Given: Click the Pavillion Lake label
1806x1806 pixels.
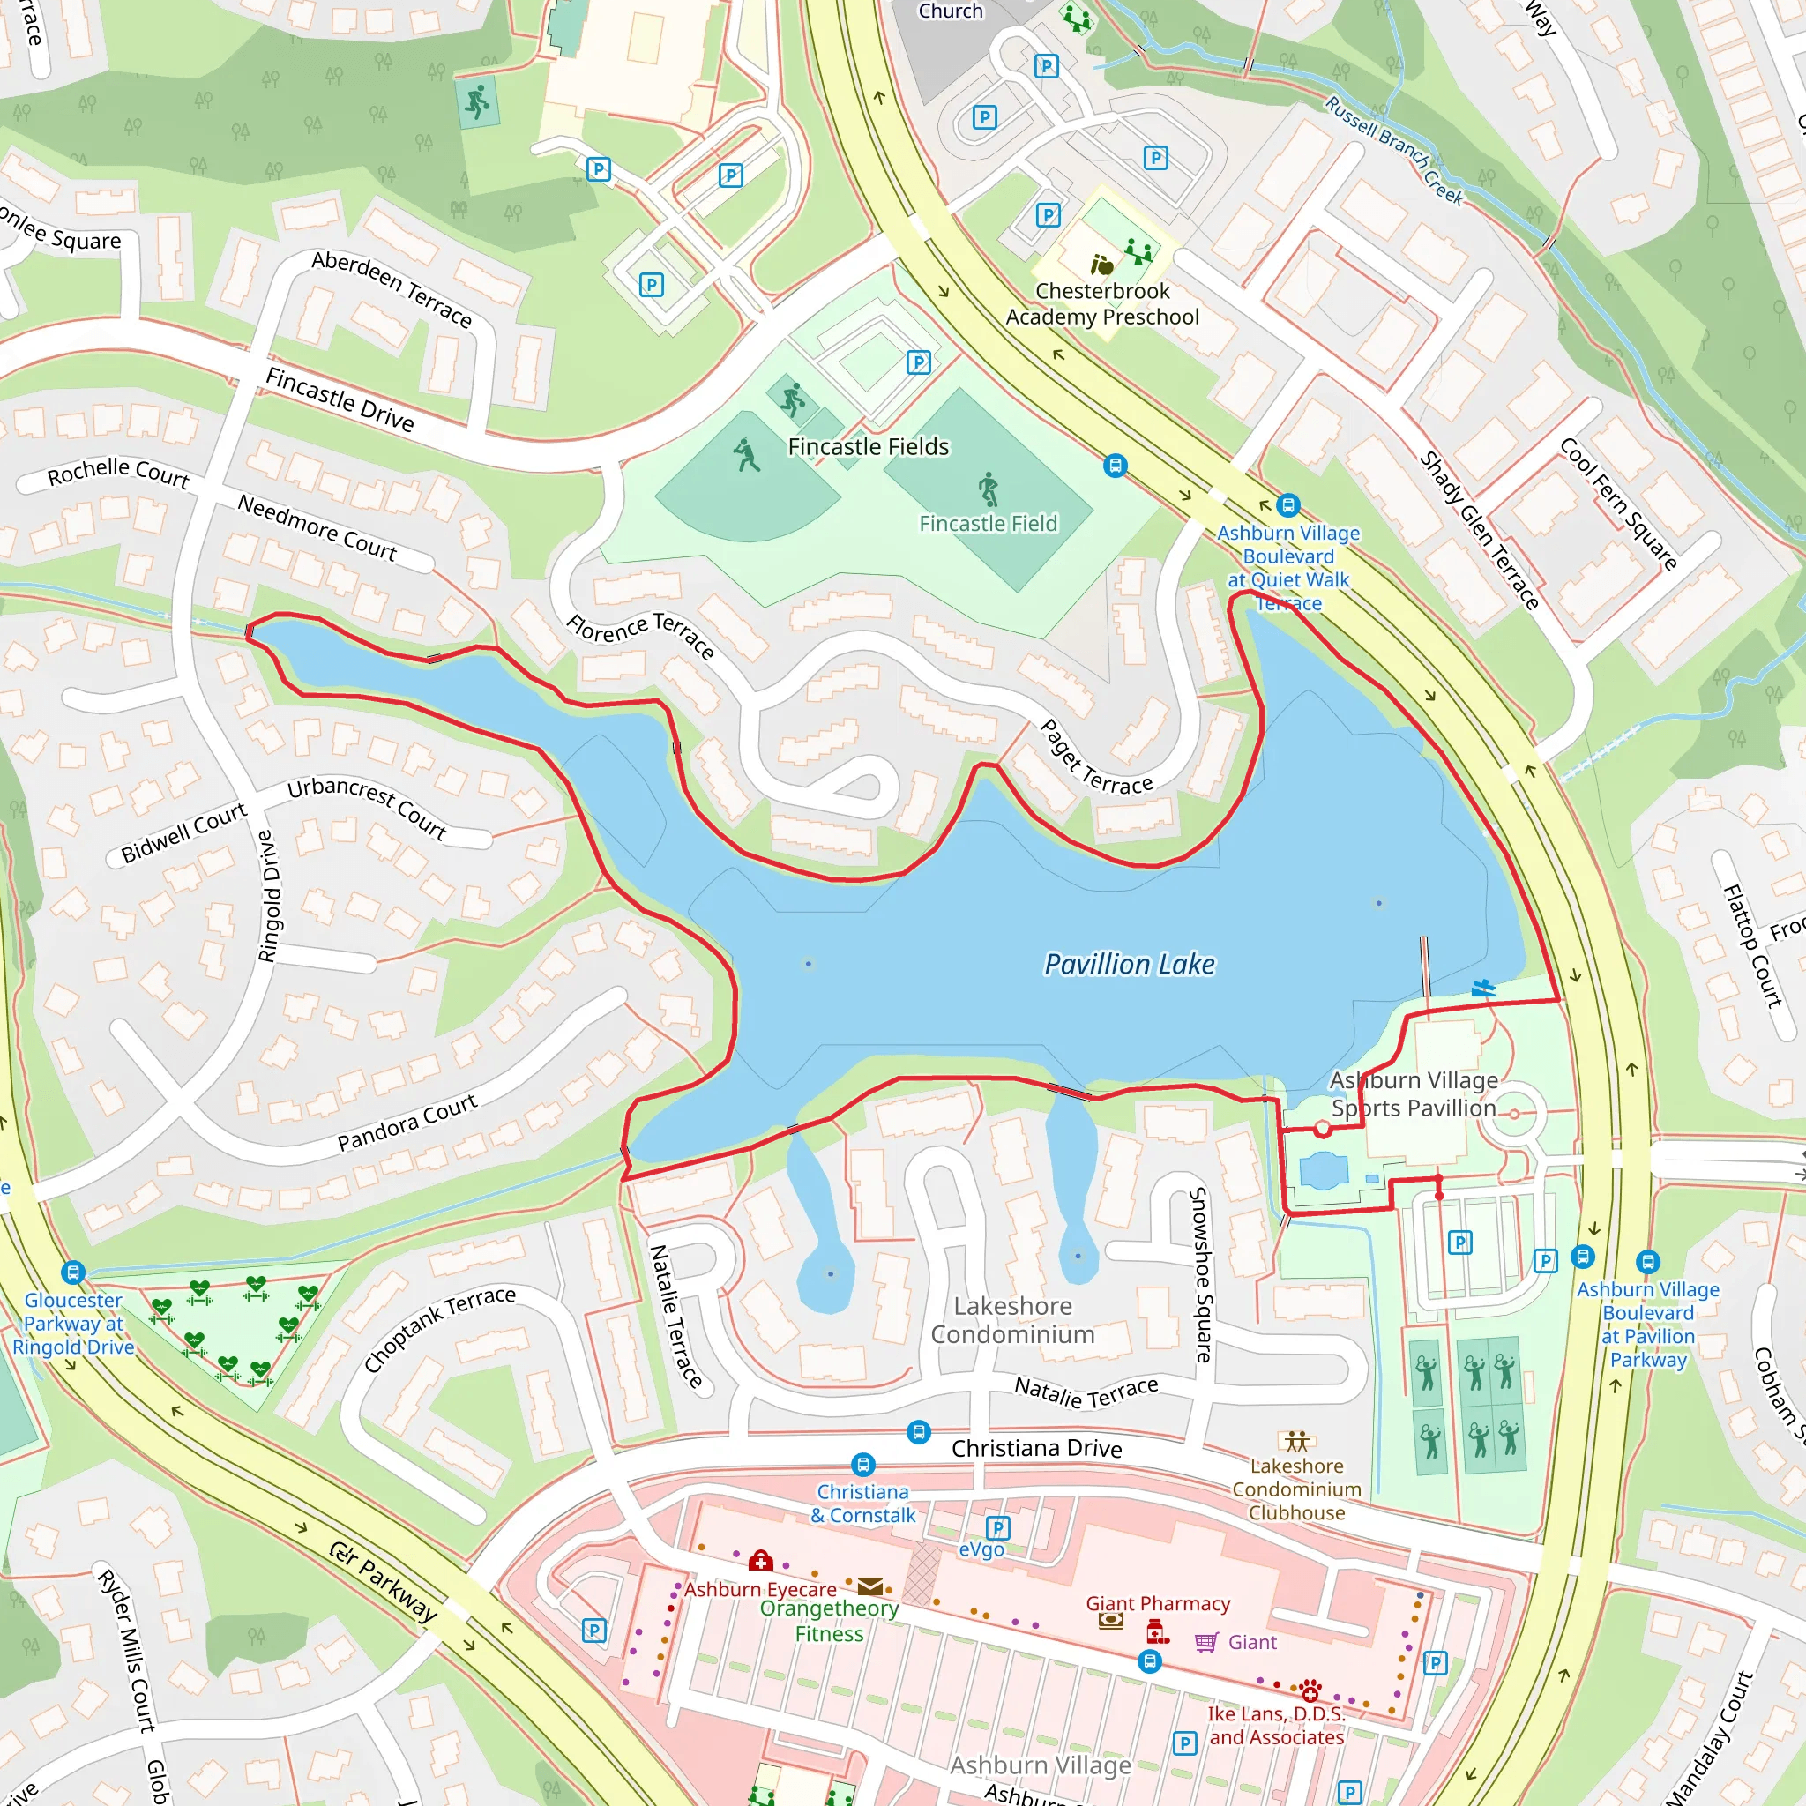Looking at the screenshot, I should click(x=1130, y=964).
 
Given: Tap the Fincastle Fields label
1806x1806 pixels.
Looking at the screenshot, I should click(x=868, y=447).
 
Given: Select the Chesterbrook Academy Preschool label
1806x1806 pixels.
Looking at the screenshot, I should click(x=1102, y=304).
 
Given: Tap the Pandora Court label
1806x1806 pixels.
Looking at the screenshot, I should click(x=407, y=1122).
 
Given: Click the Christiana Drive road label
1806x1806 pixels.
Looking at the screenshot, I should click(x=1036, y=1448).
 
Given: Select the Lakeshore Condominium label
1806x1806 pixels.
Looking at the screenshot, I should click(x=1012, y=1320).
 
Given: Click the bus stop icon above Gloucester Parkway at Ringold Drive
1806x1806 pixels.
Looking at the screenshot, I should click(x=73, y=1272).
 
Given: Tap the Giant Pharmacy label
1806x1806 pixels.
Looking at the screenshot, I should click(x=1157, y=1603).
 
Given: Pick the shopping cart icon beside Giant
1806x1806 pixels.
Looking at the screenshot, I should click(x=1205, y=1642).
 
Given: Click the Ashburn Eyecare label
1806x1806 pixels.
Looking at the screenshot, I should click(x=760, y=1589).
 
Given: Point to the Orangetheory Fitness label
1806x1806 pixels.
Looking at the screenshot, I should click(x=828, y=1621).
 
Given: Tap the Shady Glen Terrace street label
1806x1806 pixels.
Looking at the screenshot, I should click(x=1480, y=530).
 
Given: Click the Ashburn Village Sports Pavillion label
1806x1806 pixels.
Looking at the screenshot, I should click(x=1414, y=1093).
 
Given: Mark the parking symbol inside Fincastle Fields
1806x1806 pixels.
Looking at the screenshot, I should click(x=918, y=362).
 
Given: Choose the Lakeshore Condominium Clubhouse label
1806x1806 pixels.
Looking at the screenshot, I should click(x=1295, y=1489).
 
